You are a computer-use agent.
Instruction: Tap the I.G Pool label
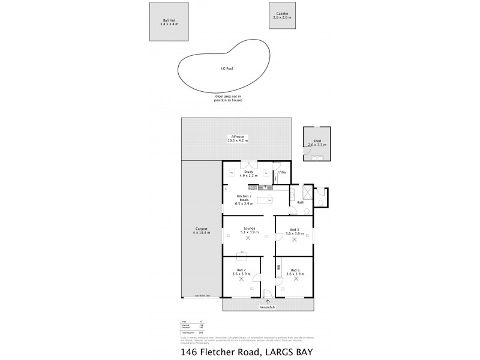tap(226, 68)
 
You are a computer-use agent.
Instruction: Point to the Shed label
tap(317, 141)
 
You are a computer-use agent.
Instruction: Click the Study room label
tap(247, 172)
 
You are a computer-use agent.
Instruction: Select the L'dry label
tap(282, 173)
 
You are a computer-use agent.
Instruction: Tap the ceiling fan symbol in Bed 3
tap(294, 239)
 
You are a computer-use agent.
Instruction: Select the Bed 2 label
tap(241, 270)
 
